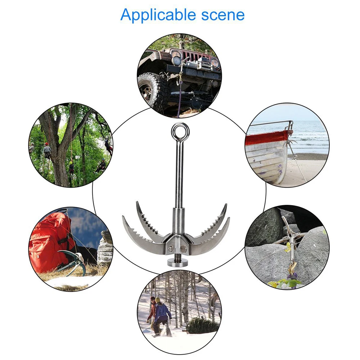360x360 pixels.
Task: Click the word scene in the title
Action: (x=223, y=15)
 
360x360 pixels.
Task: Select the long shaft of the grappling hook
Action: (x=179, y=173)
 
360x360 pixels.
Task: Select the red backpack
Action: (x=50, y=241)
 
